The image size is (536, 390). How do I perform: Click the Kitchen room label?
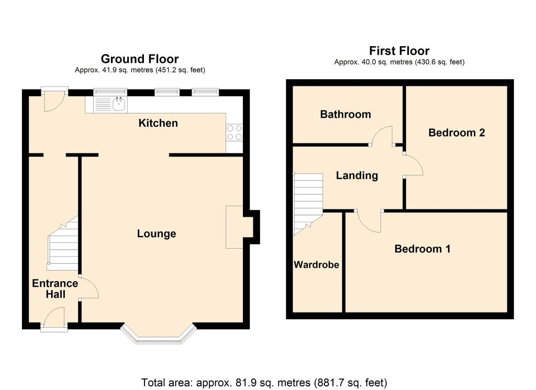pos(158,123)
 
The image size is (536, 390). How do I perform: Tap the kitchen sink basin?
pos(119,104)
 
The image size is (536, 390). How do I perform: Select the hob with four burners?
pos(234,132)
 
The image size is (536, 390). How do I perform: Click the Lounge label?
pos(157,233)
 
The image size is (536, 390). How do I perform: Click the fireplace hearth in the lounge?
pos(234,227)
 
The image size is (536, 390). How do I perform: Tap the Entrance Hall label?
pos(55,288)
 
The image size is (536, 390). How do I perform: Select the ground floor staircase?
pos(63,243)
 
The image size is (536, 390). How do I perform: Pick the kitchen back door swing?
pos(54,102)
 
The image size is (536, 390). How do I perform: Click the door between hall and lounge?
pos(89,287)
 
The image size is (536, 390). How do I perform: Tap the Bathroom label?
pos(345,114)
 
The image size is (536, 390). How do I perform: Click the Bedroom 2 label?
pos(456,132)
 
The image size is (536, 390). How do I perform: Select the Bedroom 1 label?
pos(422,249)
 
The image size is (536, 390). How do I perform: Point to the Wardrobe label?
pos(317,264)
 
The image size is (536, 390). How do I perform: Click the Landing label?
pos(357,175)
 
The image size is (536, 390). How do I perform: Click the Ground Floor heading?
pos(140,59)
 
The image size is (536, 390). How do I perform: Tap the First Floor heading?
pos(399,51)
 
